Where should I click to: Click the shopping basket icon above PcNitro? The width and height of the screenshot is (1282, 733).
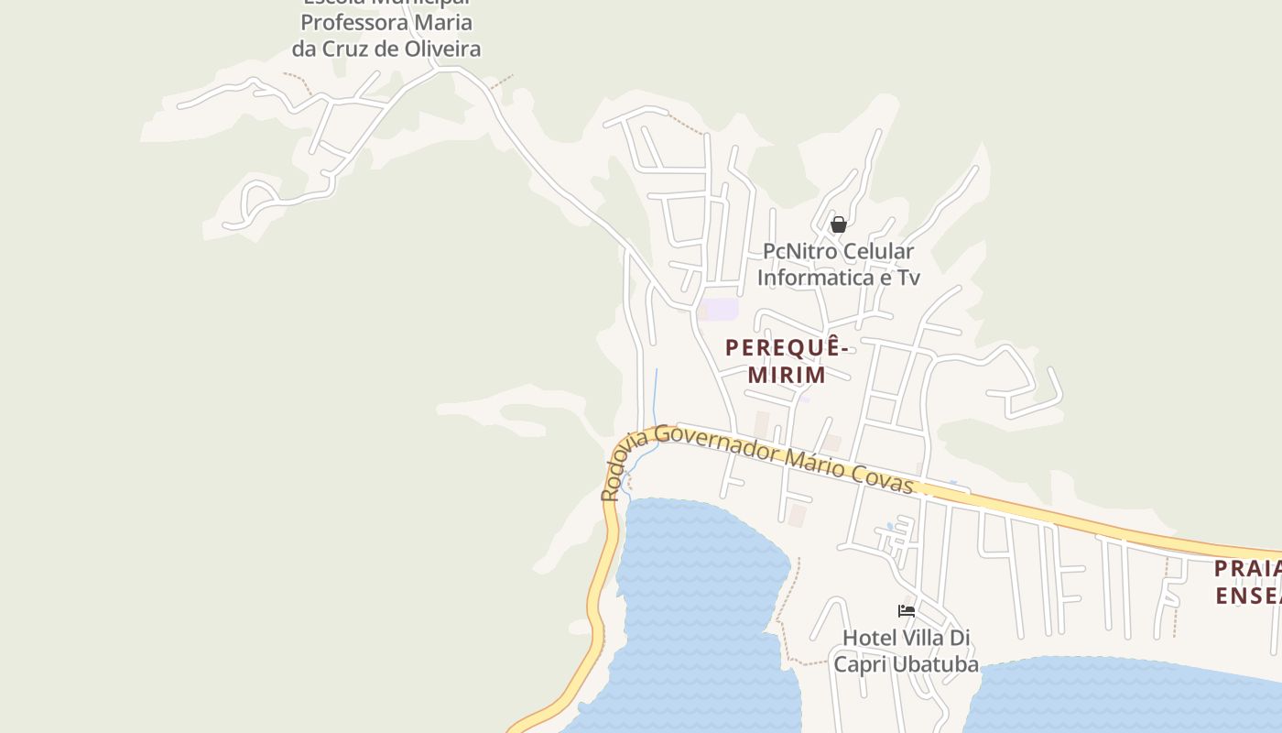pyautogui.click(x=838, y=224)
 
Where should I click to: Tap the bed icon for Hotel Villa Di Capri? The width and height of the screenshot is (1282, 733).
pyautogui.click(x=907, y=611)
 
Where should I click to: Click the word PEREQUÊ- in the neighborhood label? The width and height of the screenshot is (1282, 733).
pyautogui.click(x=787, y=348)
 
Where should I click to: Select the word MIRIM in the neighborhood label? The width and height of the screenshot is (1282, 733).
pyautogui.click(x=787, y=375)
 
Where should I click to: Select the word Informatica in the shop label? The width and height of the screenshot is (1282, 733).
pyautogui.click(x=815, y=277)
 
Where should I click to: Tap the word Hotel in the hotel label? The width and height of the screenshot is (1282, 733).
pyautogui.click(x=869, y=638)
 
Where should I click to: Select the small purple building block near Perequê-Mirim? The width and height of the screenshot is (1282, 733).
pyautogui.click(x=722, y=310)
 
